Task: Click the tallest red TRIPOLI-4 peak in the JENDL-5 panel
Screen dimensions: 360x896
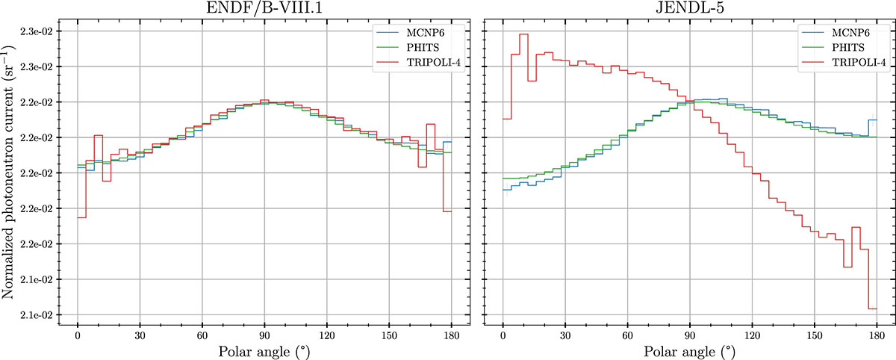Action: [x=523, y=34]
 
